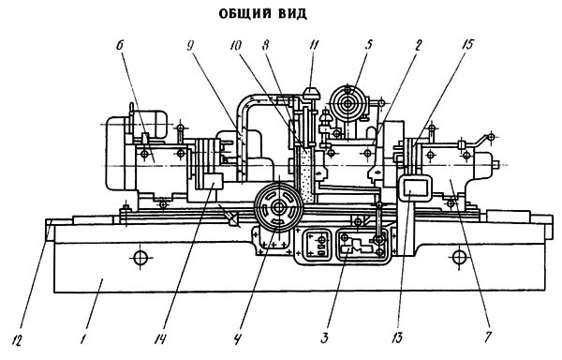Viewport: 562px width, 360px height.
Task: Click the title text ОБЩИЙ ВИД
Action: tap(262, 14)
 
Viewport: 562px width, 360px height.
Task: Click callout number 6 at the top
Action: tap(120, 45)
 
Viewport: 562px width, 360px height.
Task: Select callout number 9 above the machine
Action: tap(190, 45)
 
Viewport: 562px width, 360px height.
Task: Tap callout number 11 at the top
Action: tap(315, 45)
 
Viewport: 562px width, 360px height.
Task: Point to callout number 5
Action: tap(368, 45)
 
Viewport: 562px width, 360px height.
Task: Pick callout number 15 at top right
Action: tap(467, 45)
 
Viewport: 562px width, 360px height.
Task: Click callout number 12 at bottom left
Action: tap(17, 339)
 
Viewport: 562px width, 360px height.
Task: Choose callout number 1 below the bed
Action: tap(83, 339)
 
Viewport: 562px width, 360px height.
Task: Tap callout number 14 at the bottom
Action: tap(160, 339)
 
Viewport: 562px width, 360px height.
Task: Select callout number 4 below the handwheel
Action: tap(237, 339)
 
